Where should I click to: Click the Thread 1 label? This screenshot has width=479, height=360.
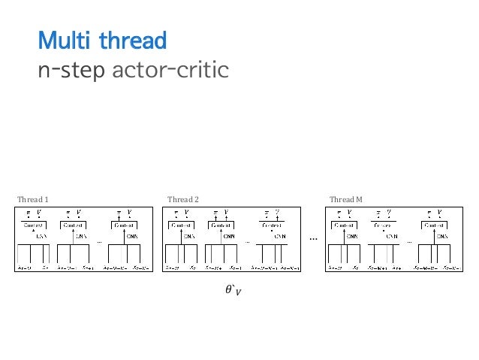click(32, 199)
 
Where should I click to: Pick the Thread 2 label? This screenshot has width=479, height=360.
click(183, 199)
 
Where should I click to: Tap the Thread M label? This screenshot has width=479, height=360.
click(346, 199)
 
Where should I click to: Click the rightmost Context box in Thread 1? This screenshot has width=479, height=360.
click(123, 225)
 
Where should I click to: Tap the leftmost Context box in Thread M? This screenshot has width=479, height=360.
click(345, 225)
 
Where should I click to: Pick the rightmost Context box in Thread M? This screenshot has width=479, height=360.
click(432, 225)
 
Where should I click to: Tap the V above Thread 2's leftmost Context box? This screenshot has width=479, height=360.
click(187, 213)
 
